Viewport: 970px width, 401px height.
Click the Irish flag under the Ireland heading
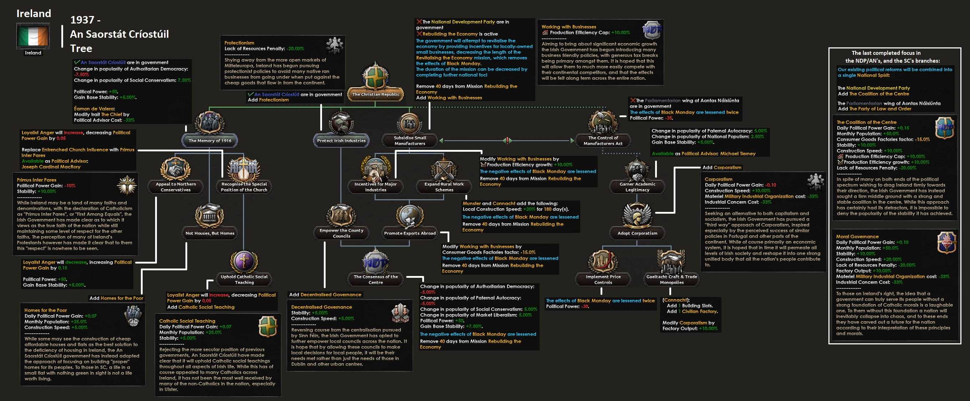33,36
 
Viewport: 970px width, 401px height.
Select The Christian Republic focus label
376,94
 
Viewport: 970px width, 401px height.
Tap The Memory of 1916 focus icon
210,123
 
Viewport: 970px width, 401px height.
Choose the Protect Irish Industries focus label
341,141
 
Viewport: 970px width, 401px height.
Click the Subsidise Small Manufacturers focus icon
410,123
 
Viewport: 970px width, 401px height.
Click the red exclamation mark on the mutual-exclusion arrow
507,141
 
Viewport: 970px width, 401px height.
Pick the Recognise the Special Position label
244,187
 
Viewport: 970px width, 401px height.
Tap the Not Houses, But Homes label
210,233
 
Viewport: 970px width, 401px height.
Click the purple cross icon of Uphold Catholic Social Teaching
244,261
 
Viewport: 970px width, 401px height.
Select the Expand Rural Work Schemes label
444,187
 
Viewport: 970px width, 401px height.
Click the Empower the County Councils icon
341,215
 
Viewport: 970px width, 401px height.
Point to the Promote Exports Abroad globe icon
410,215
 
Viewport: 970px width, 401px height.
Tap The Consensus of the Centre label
376,280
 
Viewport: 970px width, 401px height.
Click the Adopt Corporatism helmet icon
637,215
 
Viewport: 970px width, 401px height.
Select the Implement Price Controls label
603,280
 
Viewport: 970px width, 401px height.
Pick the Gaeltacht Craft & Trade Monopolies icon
672,261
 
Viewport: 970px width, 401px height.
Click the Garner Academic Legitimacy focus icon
637,169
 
